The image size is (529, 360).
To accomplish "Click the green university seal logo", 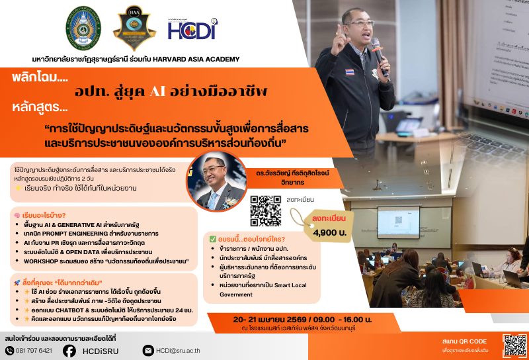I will coord(83,28).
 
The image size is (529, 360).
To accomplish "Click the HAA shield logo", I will coord(135,28).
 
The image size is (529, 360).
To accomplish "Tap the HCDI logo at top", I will coord(191,29).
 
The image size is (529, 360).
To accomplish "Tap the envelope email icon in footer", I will coord(147,351).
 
